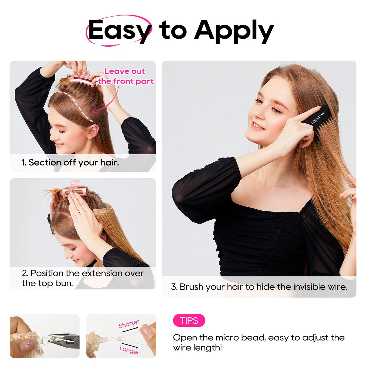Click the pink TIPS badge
coord(189,321)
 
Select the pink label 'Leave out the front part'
coord(126,76)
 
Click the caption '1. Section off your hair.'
coord(70,163)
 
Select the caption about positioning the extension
coord(83,278)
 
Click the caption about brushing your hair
coord(259,287)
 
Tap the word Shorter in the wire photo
coord(129,324)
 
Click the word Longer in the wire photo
coord(129,350)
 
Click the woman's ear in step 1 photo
coord(92,131)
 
